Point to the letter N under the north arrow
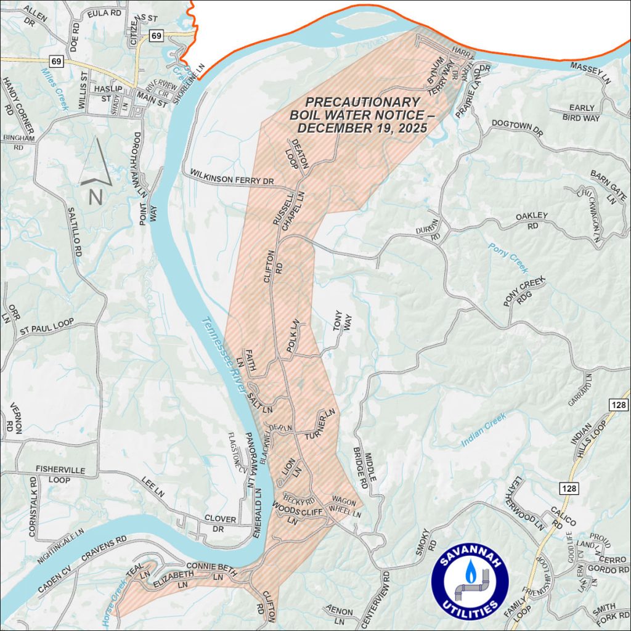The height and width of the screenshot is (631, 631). click(x=96, y=197)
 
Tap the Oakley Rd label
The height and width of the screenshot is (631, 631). click(x=532, y=220)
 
